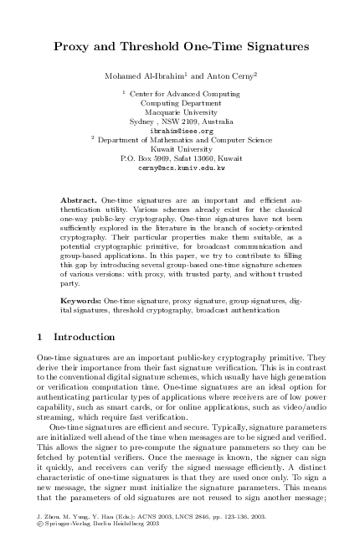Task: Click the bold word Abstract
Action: click(x=80, y=202)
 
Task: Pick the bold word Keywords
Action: click(x=82, y=299)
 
